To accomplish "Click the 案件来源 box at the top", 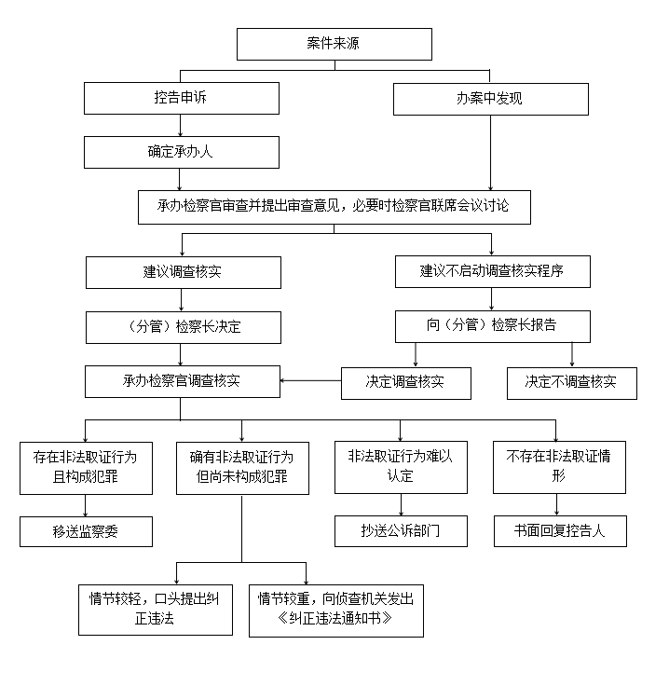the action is coord(334,44).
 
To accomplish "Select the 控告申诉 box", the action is coord(182,99).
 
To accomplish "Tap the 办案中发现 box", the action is coord(491,100).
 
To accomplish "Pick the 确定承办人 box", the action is coord(182,152).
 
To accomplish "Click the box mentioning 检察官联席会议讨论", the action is coord(334,207).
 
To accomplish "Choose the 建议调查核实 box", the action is coord(184,272).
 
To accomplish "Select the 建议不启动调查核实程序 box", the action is coord(493,271).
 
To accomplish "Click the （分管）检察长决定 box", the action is coord(184,328).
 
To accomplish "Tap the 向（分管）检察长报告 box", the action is coord(493,327).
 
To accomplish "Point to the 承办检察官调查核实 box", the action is coord(183,381).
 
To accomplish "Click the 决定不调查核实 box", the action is coord(572,383).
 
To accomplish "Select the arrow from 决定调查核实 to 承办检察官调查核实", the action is coord(311,380).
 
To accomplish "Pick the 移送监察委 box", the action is coord(86,531).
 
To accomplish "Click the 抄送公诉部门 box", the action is coord(401,531).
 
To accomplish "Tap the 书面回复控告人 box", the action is coord(560,531).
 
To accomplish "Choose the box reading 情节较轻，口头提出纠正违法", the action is coord(156,610).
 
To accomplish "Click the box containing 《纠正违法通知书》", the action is coord(336,611).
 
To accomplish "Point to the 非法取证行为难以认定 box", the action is coord(401,467).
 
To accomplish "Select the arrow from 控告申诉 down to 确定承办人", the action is coord(180,126).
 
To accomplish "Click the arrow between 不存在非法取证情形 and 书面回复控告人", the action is coord(556,505).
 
